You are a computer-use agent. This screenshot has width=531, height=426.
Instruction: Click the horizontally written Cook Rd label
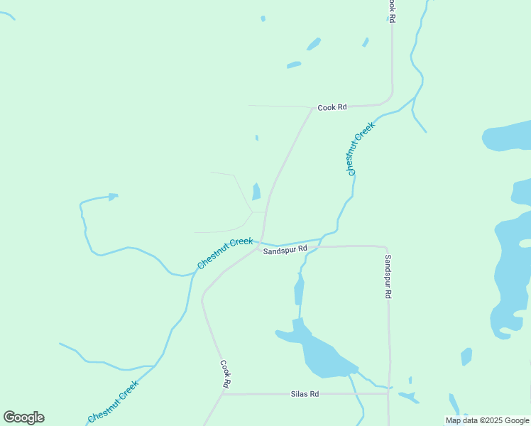pyautogui.click(x=332, y=108)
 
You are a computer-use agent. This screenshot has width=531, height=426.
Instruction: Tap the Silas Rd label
pyautogui.click(x=305, y=394)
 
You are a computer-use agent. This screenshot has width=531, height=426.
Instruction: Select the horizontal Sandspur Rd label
pyautogui.click(x=285, y=250)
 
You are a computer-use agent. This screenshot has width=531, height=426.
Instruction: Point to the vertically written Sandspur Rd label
pyautogui.click(x=388, y=276)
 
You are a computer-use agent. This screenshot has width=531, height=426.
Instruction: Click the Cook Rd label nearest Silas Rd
pyautogui.click(x=225, y=374)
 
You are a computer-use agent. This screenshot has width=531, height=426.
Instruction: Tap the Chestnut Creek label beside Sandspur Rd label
pyautogui.click(x=224, y=253)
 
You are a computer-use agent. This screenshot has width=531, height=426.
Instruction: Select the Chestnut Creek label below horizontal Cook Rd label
pyautogui.click(x=360, y=149)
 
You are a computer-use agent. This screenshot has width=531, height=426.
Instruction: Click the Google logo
pyautogui.click(x=23, y=417)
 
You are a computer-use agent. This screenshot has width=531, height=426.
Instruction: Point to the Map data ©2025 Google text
pyautogui.click(x=487, y=420)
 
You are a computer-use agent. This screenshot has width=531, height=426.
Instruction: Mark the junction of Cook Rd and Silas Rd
pyautogui.click(x=223, y=394)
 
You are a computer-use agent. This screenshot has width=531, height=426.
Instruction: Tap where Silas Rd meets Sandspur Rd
pyautogui.click(x=388, y=393)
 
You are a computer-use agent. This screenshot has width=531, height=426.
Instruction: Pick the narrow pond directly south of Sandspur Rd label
pyautogui.click(x=299, y=290)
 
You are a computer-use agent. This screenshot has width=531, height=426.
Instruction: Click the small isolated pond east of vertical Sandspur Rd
pyautogui.click(x=466, y=356)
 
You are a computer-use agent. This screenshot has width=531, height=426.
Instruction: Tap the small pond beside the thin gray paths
pyautogui.click(x=256, y=192)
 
